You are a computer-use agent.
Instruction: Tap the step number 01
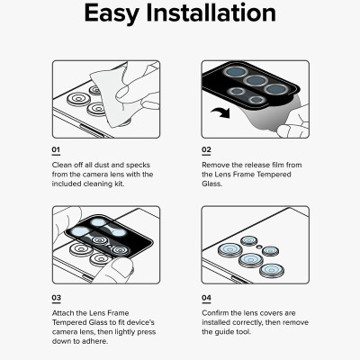click(56, 150)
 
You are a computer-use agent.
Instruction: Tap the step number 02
click(206, 150)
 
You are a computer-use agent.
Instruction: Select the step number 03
click(56, 296)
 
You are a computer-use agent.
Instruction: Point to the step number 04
click(207, 296)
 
